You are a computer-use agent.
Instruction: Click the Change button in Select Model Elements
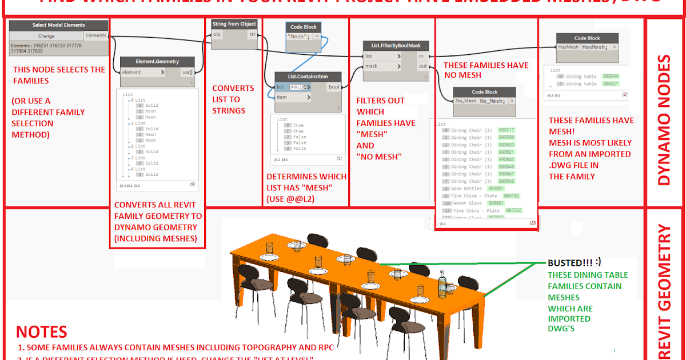click(x=46, y=35)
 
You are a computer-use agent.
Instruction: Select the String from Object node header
click(x=234, y=24)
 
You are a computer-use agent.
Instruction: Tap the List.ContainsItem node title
click(x=308, y=77)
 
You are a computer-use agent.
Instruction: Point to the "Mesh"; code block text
click(x=298, y=36)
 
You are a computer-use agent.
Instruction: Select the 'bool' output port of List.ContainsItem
click(x=333, y=87)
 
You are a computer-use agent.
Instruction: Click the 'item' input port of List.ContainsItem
click(x=282, y=97)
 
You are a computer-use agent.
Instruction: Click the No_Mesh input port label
click(x=465, y=101)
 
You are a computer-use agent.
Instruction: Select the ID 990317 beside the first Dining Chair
click(x=506, y=130)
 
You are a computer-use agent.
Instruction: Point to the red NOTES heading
click(x=41, y=331)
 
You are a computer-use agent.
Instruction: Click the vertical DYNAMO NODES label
click(x=665, y=119)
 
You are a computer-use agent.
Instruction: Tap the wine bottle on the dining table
click(x=441, y=284)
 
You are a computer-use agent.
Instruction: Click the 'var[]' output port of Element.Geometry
click(x=186, y=73)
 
